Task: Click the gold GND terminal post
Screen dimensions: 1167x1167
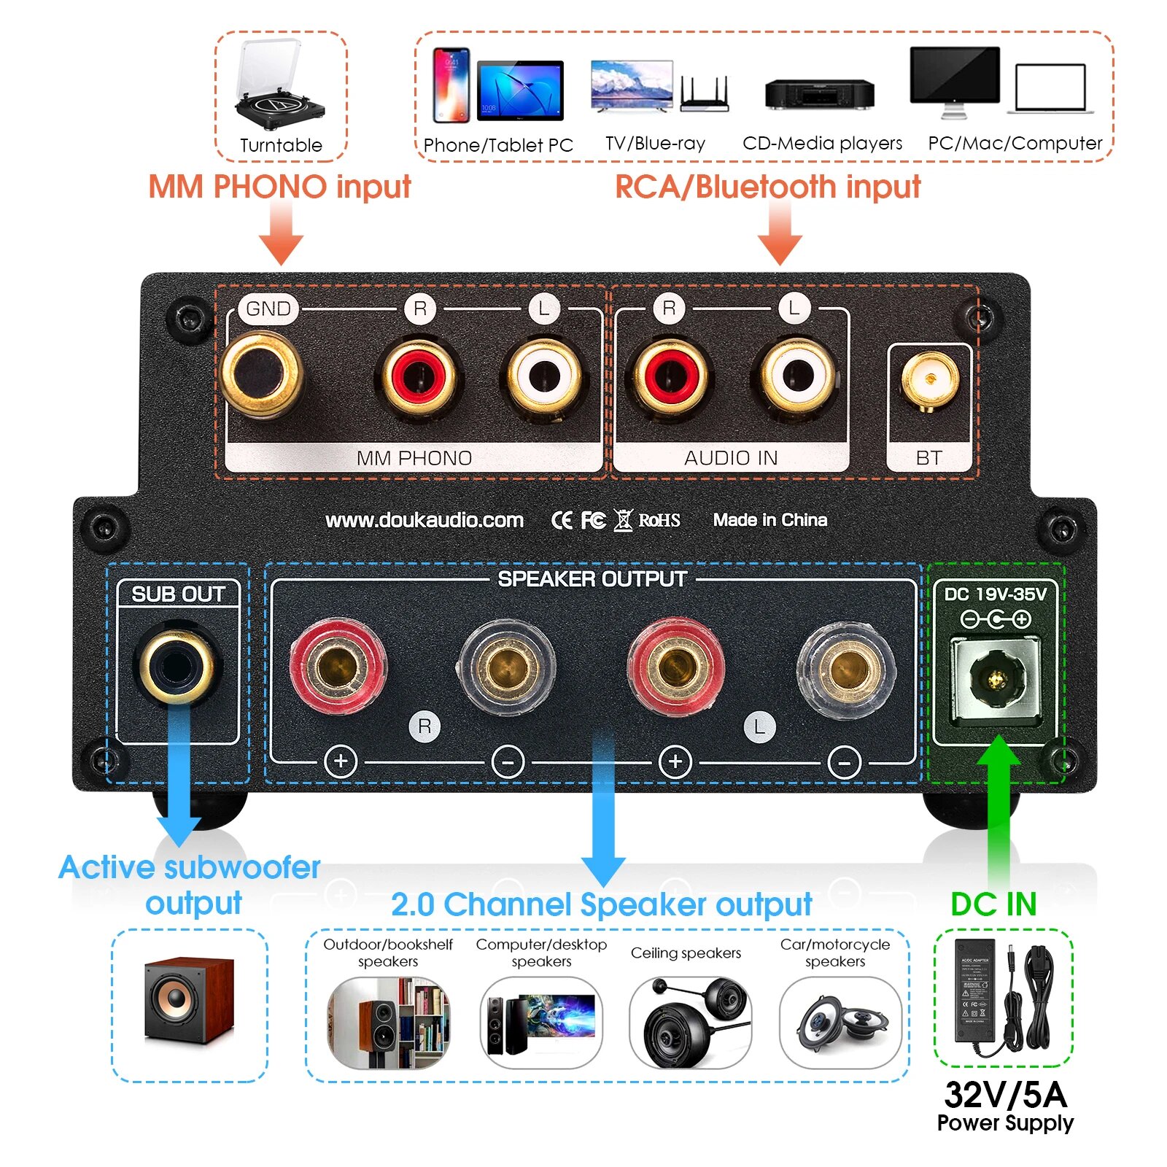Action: [x=261, y=373]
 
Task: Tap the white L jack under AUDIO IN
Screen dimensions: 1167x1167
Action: [x=797, y=376]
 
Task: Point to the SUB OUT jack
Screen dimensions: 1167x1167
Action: [x=176, y=665]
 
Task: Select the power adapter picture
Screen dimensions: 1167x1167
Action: [x=1003, y=996]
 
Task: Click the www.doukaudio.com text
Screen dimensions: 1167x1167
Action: [x=424, y=520]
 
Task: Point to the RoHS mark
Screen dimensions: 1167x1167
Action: [x=659, y=520]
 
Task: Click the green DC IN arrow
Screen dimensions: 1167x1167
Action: [x=998, y=810]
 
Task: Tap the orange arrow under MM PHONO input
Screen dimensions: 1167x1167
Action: [x=281, y=233]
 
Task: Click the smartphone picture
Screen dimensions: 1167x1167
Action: [x=451, y=85]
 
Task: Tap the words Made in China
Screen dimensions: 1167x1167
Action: [x=770, y=520]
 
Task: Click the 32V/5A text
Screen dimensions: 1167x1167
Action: [x=1005, y=1095]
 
